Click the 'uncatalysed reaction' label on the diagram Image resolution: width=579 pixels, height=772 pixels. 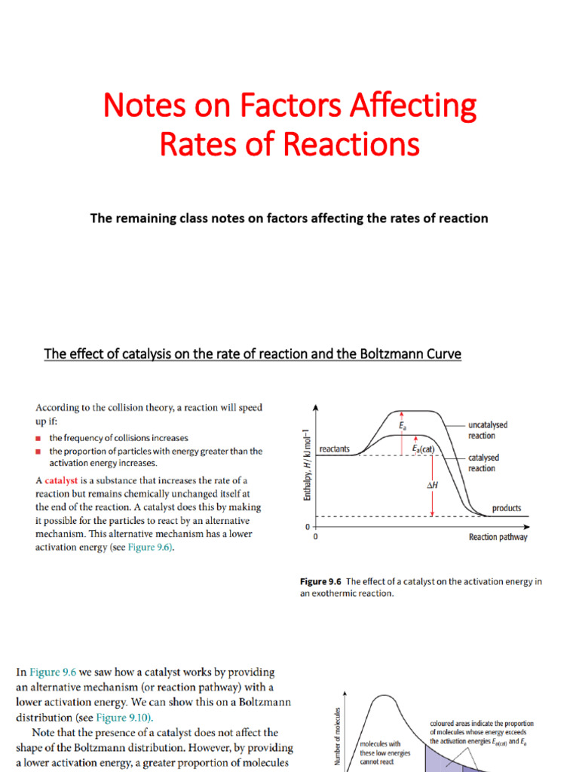(488, 430)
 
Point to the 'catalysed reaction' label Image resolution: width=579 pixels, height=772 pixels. (483, 463)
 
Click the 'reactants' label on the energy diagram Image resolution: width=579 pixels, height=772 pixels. (335, 449)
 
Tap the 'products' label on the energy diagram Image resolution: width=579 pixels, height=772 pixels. (507, 508)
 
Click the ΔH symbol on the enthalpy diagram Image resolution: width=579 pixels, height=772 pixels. (422, 487)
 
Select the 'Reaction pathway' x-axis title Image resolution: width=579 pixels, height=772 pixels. (498, 537)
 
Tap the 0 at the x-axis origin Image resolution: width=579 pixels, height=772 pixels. (314, 537)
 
